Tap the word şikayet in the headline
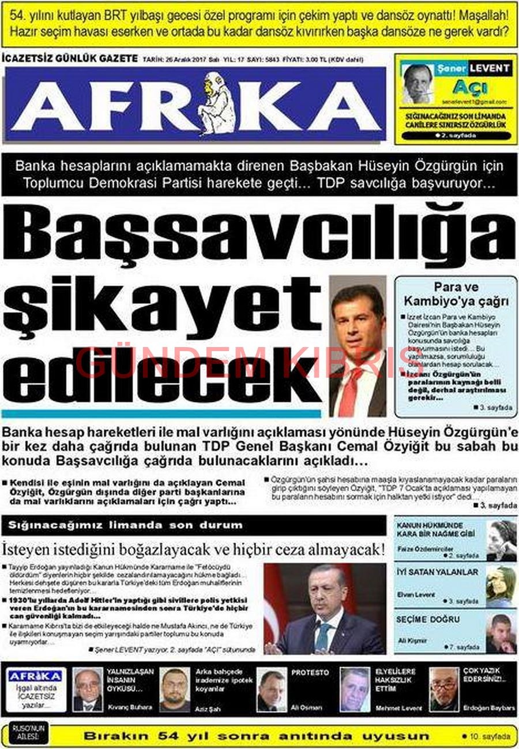point(161,307)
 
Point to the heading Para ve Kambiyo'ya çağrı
point(456,294)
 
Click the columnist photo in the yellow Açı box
point(417,84)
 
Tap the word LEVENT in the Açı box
point(489,68)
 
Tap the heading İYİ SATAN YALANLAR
point(437,572)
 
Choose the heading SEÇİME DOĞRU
point(428,620)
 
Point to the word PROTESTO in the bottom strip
point(310,673)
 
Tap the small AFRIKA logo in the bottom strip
point(36,676)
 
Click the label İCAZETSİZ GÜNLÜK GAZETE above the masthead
point(70,59)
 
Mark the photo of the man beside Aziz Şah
point(175,689)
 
